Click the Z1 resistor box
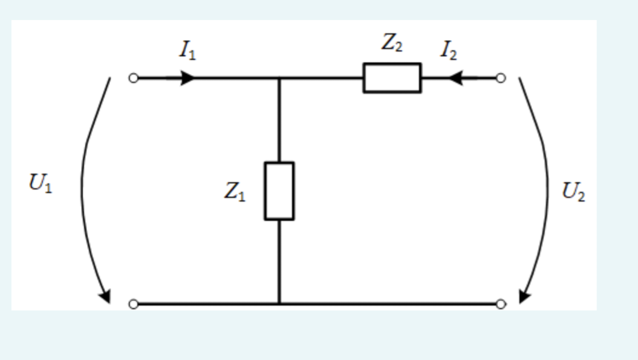point(279,191)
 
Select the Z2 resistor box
point(392,77)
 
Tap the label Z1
point(235,192)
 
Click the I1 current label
point(187,51)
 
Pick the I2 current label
point(448,51)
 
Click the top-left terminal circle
point(134,78)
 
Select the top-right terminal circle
point(500,78)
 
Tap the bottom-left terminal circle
point(134,304)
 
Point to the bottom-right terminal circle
point(500,304)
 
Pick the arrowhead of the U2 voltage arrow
point(524,296)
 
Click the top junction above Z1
point(279,78)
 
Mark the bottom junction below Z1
point(279,304)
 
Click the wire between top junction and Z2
point(321,78)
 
